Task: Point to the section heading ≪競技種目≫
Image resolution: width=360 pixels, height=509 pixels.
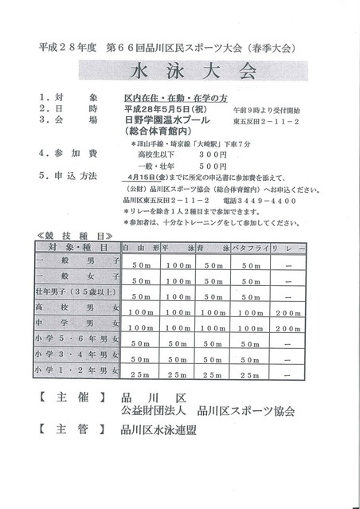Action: point(71,235)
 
